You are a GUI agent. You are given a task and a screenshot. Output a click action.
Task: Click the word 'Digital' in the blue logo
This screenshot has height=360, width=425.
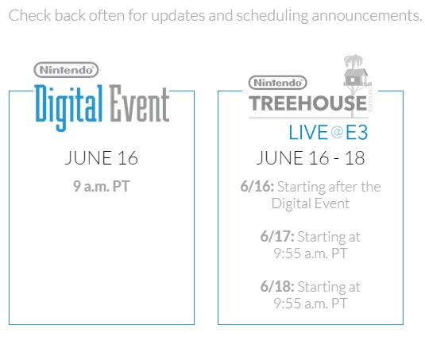(x=68, y=107)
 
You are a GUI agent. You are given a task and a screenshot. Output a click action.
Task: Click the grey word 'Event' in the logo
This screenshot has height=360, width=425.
(x=139, y=103)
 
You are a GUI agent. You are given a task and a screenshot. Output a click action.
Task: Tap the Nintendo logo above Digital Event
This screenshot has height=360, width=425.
(x=66, y=70)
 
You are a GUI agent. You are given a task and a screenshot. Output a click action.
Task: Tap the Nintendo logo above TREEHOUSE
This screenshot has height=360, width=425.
(x=277, y=83)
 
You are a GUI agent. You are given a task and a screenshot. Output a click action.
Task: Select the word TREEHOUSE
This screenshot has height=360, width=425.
(x=308, y=103)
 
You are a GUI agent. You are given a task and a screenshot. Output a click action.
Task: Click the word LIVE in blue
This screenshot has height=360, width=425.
(x=308, y=133)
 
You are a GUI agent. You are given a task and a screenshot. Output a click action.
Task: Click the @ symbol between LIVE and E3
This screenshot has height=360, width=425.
(x=337, y=133)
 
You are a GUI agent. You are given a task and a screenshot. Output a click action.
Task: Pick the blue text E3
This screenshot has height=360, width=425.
(x=357, y=133)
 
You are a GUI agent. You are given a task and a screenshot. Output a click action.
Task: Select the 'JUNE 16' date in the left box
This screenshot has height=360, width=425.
(x=102, y=158)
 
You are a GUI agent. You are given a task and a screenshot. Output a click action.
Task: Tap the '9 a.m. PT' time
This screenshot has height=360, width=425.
(x=102, y=187)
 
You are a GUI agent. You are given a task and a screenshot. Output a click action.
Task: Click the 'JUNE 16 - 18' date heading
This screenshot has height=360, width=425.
(x=311, y=158)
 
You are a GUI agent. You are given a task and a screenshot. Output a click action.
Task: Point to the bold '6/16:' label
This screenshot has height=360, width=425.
(x=257, y=187)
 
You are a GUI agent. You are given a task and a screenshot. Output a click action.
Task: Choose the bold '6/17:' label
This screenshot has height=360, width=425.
(x=277, y=236)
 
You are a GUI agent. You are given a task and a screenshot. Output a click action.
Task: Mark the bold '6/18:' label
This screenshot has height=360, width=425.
(x=277, y=287)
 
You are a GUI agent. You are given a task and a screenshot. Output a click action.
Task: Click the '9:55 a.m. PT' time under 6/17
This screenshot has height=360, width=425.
(x=311, y=254)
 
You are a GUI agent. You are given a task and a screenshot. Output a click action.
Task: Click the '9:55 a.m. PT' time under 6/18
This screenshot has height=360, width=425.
(x=311, y=304)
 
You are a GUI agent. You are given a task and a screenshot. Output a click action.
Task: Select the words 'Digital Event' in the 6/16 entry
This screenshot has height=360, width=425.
(x=311, y=203)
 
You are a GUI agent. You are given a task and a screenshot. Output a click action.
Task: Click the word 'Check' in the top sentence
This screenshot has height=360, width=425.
(x=30, y=15)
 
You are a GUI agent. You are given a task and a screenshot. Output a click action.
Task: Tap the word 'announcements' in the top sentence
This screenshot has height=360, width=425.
(x=367, y=16)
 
